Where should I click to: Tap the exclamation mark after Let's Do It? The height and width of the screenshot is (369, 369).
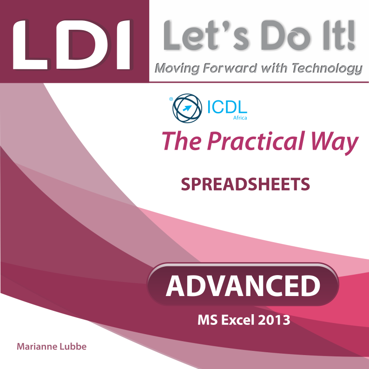(351, 35)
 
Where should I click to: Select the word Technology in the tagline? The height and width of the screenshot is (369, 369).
(327, 69)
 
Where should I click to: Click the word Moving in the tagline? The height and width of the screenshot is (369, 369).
(177, 69)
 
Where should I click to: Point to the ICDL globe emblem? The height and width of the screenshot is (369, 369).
(187, 108)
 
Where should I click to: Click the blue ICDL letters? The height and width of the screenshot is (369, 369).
(227, 107)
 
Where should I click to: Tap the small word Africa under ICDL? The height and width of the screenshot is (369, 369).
(240, 118)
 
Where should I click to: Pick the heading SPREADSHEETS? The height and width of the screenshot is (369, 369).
(245, 184)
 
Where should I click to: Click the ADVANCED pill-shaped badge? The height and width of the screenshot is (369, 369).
(243, 284)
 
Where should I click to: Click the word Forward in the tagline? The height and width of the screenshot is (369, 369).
(230, 68)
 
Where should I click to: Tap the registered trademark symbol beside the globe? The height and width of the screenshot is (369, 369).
(171, 99)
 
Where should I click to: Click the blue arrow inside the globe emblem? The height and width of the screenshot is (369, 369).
(187, 108)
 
